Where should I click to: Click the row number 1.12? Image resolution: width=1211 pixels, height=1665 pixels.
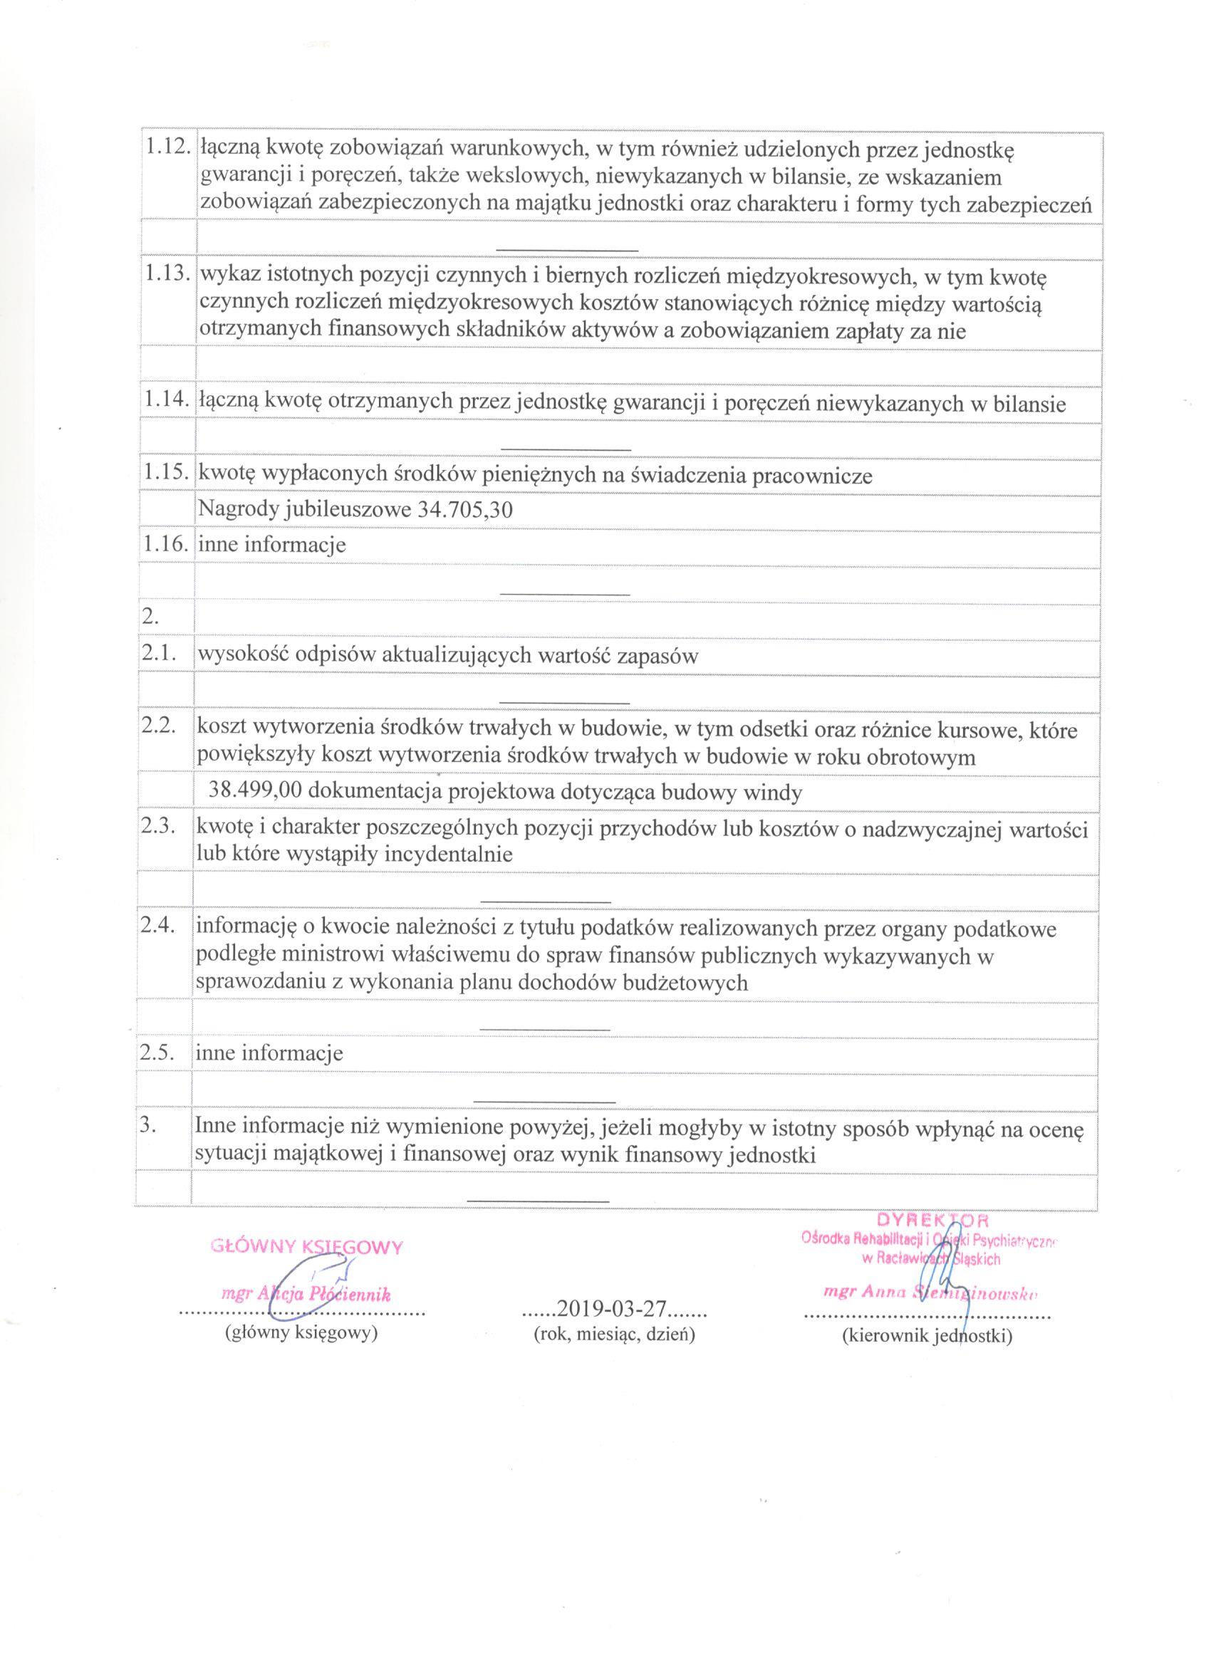tap(167, 149)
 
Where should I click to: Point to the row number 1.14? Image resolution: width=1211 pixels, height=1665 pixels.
tap(167, 402)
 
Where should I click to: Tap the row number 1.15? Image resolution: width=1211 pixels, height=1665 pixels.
tap(167, 474)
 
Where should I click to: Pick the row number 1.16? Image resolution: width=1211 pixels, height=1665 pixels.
tap(167, 545)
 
